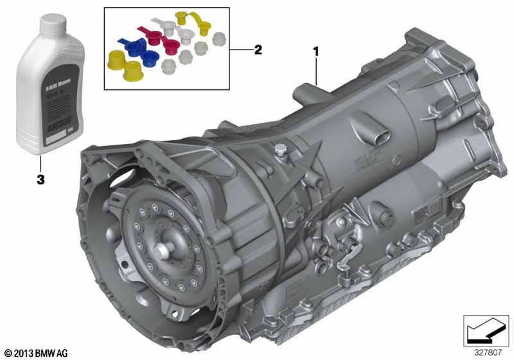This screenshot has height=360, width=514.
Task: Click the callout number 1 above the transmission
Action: (315, 50)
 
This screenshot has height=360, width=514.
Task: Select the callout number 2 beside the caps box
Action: (258, 50)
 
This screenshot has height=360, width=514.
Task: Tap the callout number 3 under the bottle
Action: (40, 181)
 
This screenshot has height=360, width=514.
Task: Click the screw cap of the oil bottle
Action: (50, 24)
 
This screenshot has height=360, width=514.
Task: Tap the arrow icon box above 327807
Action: (481, 329)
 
